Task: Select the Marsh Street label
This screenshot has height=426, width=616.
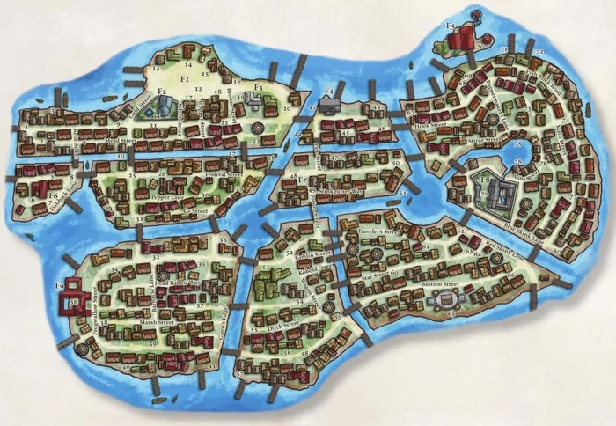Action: point(136,324)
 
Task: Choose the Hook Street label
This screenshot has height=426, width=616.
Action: point(429,126)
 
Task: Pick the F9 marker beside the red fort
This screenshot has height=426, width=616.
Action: point(60,285)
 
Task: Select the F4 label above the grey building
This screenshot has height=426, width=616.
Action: point(328,90)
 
